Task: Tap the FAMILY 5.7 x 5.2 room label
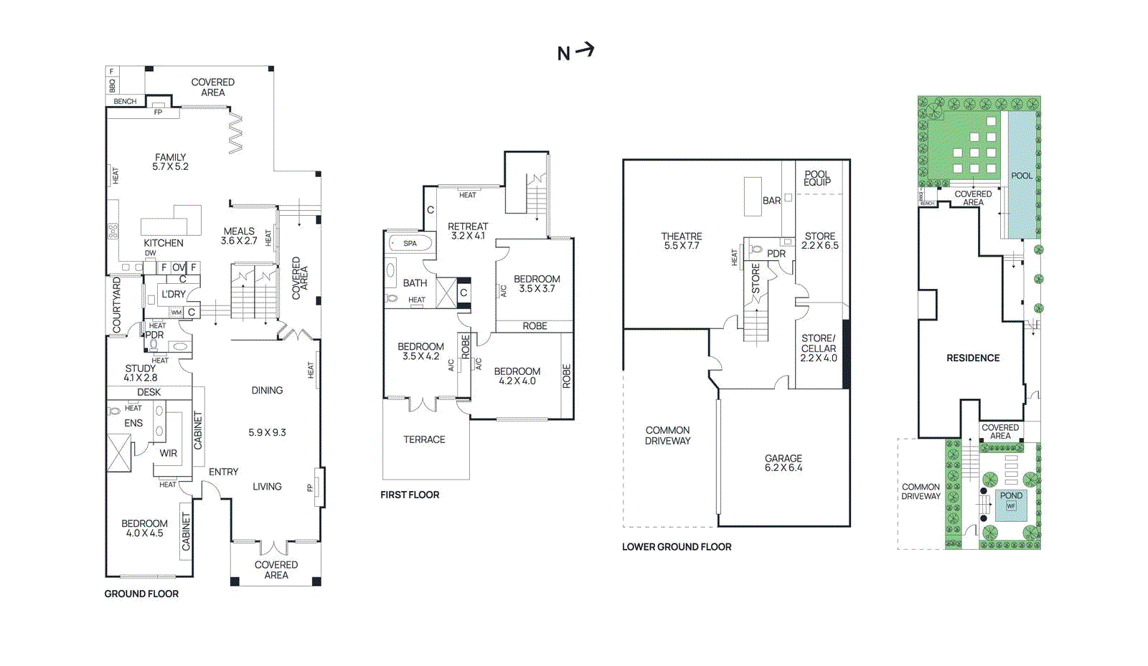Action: tap(170, 162)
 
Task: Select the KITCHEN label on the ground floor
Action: tap(163, 243)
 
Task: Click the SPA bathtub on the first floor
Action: tap(410, 243)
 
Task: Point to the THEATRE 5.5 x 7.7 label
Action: tap(681, 241)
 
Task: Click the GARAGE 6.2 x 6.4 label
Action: tap(783, 463)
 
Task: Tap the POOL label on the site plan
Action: tap(1021, 176)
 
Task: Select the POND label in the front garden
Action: tap(1011, 495)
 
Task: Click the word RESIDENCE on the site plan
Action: tap(972, 358)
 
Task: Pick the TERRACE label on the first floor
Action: tap(424, 439)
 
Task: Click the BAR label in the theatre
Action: tap(771, 201)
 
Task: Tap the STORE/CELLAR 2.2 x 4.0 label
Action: tap(818, 348)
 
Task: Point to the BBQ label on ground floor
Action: tap(112, 85)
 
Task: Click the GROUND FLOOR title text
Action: tap(141, 594)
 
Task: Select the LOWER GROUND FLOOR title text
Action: tap(676, 547)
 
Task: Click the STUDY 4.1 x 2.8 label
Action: tap(140, 373)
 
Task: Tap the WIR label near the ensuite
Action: tap(168, 453)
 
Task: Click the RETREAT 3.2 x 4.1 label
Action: tap(467, 231)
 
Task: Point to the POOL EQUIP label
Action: tap(817, 178)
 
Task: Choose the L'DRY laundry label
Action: tap(173, 294)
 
